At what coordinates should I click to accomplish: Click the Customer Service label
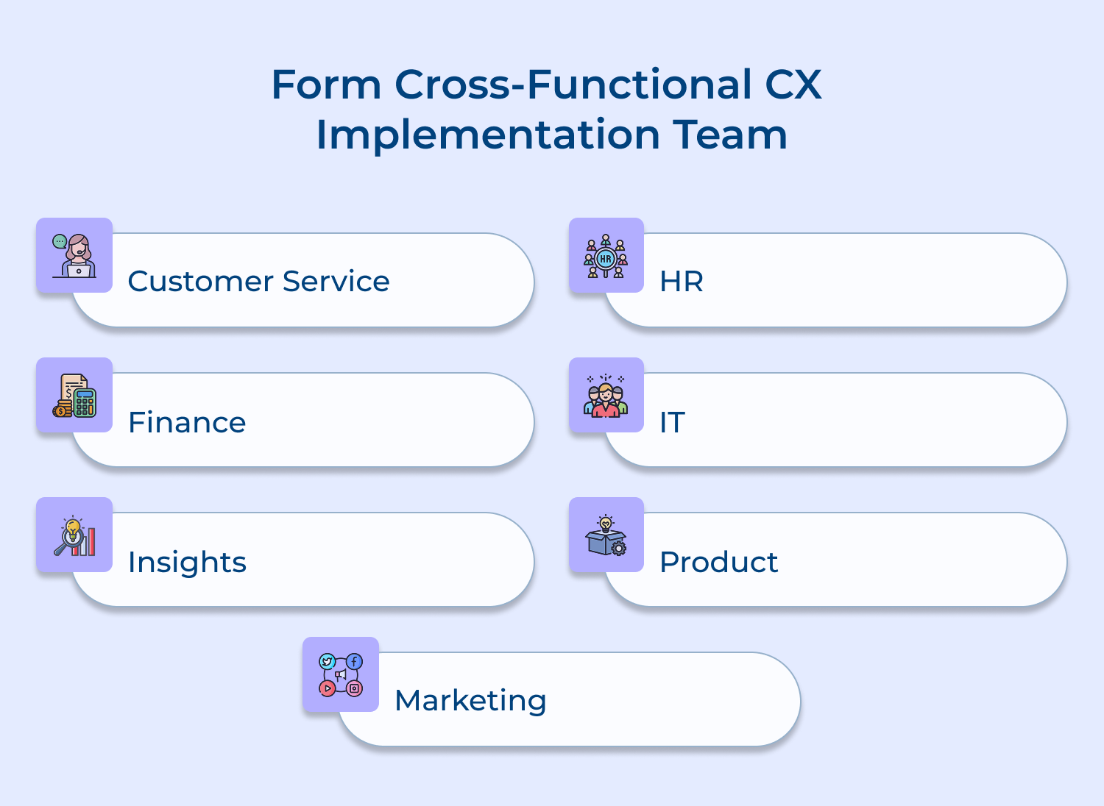point(258,281)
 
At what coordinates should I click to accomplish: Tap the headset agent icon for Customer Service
point(74,255)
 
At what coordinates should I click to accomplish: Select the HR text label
point(682,281)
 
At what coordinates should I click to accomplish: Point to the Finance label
point(187,422)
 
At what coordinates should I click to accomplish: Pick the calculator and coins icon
point(74,396)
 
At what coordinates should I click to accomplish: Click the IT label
point(672,422)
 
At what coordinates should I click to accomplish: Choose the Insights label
point(187,562)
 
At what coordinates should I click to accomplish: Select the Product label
point(718,562)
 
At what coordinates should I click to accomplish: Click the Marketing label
point(470,700)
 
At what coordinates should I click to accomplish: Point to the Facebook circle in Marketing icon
point(355,662)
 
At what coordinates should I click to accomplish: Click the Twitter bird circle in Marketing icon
point(328,662)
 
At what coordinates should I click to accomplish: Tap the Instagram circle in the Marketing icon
point(355,688)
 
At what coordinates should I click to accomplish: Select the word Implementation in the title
point(488,135)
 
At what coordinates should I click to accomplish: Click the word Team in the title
point(730,135)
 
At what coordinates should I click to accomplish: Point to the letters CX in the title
point(793,84)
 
